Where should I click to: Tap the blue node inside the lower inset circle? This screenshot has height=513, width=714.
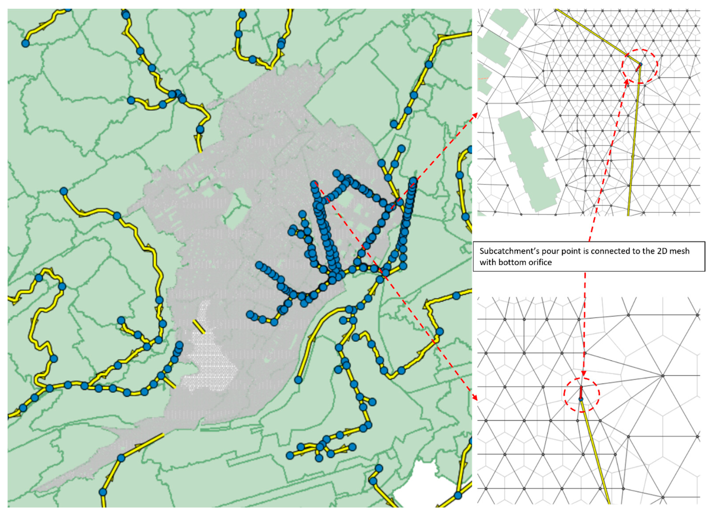pos(581,399)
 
